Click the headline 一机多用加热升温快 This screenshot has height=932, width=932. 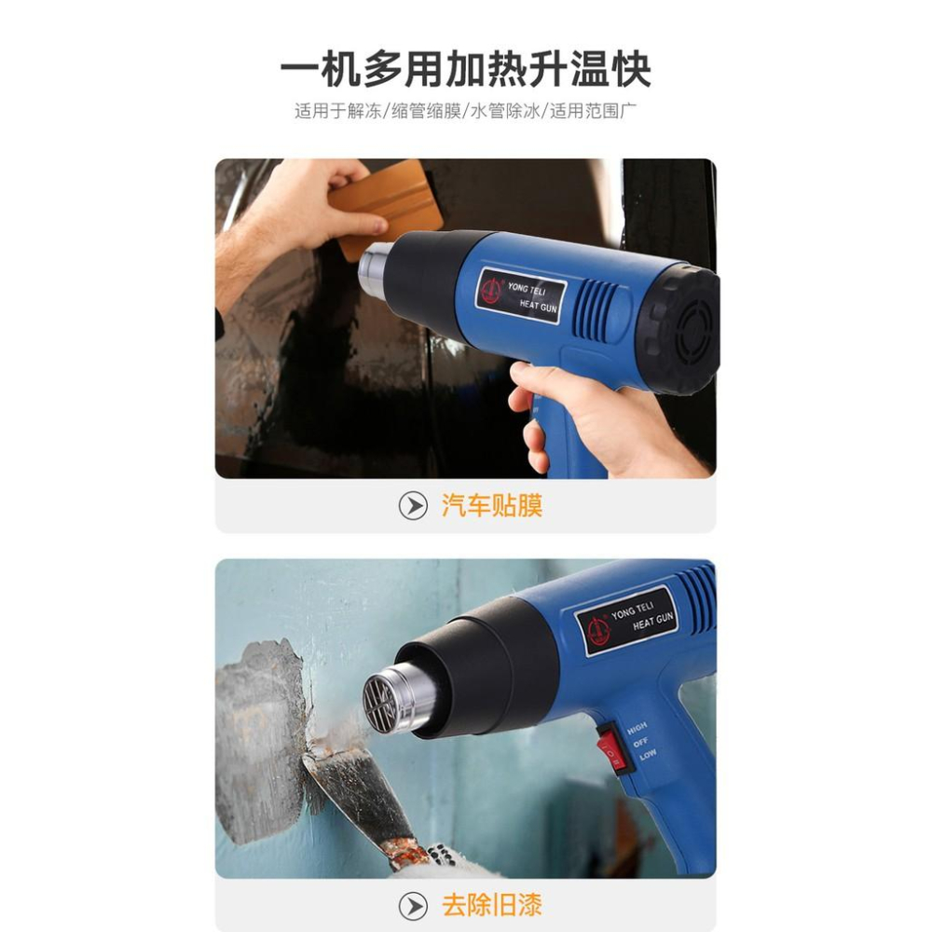point(465,70)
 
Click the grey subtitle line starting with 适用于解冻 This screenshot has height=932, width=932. point(465,111)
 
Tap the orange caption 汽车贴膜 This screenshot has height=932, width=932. point(491,506)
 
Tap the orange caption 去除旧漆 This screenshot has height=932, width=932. point(491,905)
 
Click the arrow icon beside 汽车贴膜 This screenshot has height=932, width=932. point(413,506)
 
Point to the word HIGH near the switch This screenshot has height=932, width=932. point(637,728)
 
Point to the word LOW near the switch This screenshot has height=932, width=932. point(648,755)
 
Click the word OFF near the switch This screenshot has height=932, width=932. point(641,743)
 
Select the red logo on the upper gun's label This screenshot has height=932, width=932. point(492,290)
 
